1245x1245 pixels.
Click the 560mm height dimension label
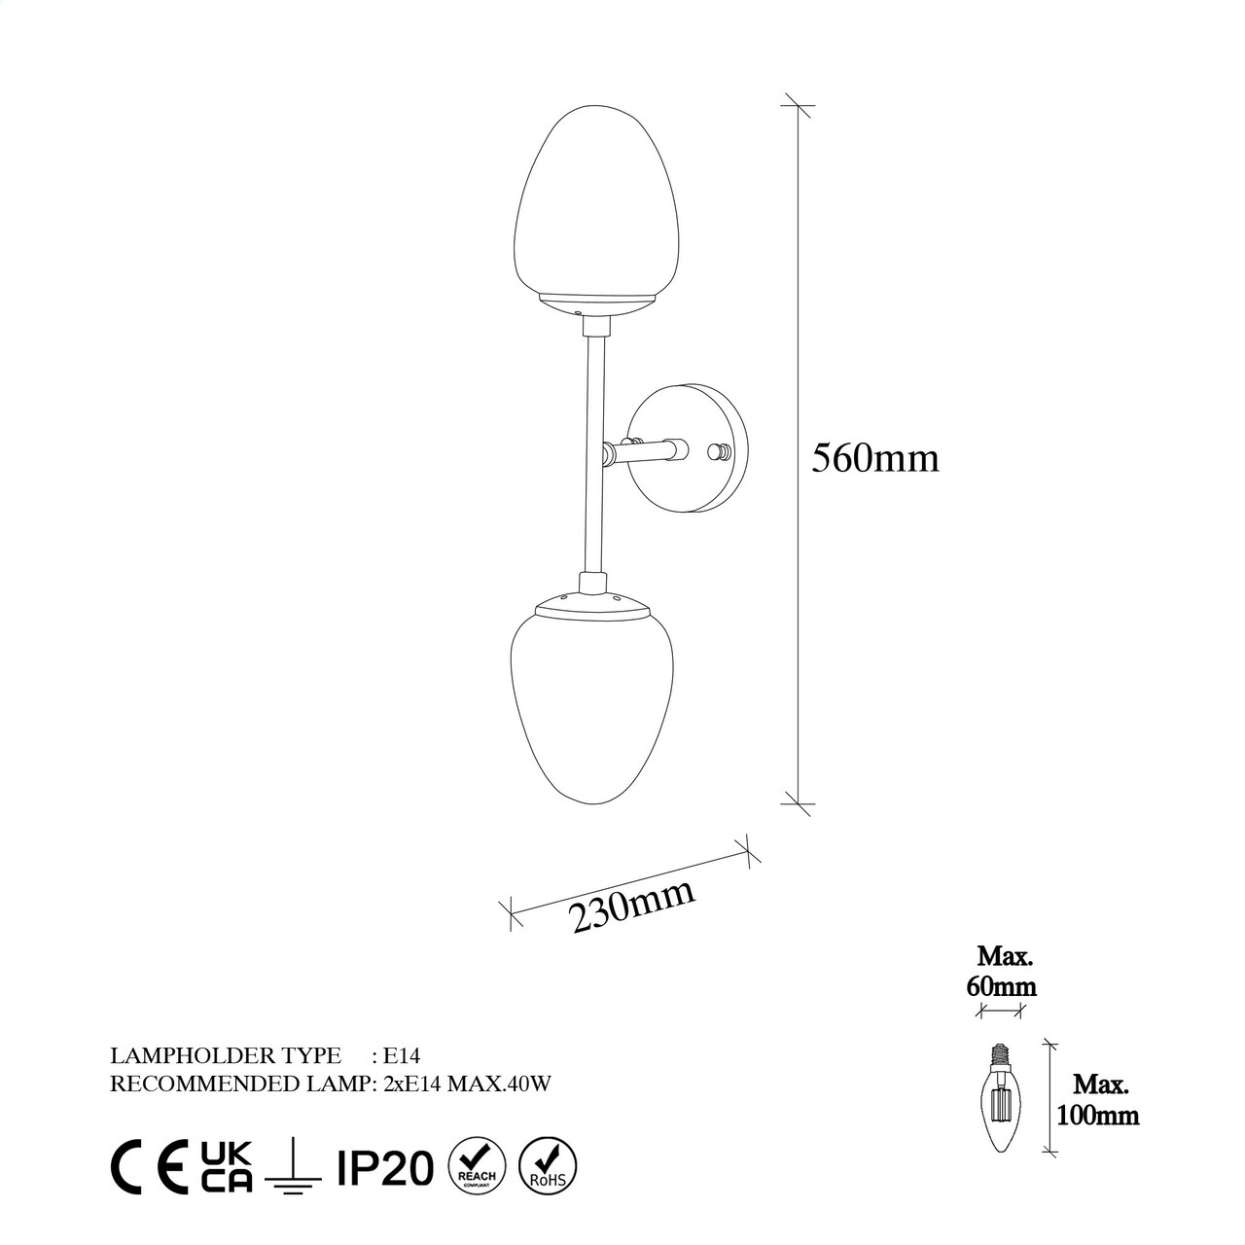pyautogui.click(x=874, y=459)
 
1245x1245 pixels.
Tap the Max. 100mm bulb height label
pyautogui.click(x=1098, y=1101)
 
